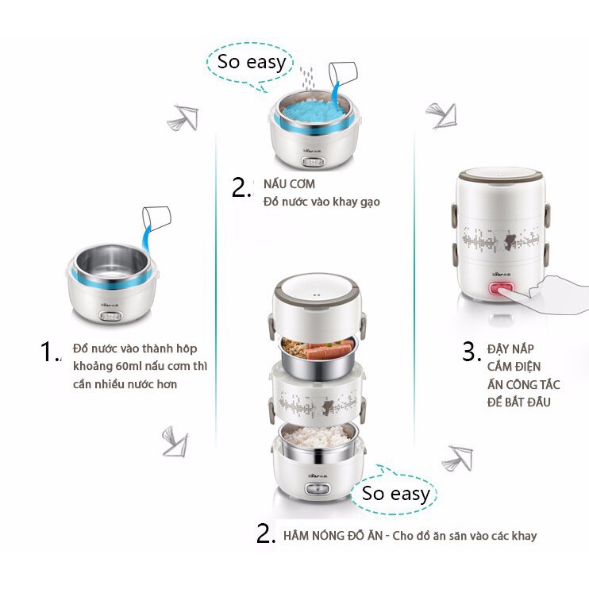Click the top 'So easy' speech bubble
point(251,61)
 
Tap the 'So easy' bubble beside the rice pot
point(395,493)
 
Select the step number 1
point(49,352)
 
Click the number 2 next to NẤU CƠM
point(241,187)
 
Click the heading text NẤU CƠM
point(283,184)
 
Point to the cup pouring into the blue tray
point(343,75)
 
